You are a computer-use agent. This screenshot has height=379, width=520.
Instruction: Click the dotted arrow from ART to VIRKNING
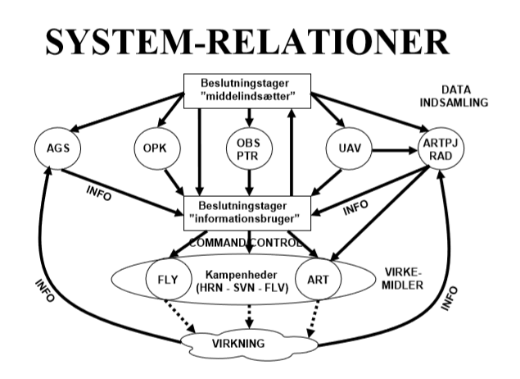[312, 316]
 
